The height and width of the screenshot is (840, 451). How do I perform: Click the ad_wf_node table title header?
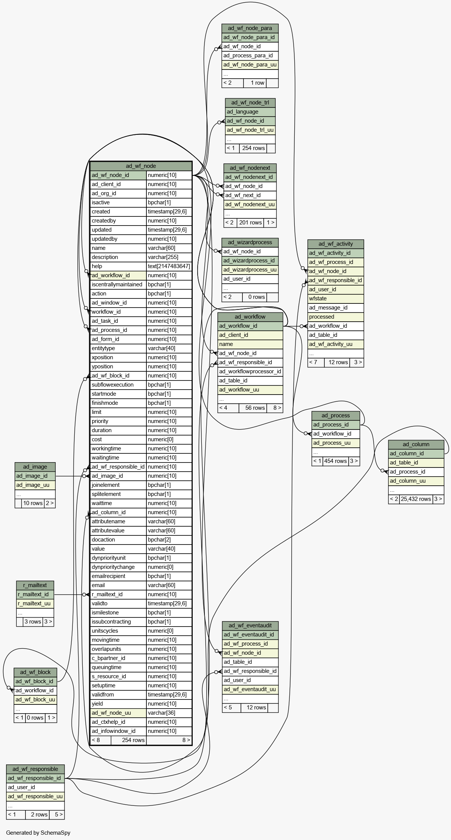141,166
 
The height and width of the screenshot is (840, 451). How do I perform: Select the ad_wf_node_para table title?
250,28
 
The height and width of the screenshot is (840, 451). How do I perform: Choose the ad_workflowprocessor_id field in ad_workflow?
250,371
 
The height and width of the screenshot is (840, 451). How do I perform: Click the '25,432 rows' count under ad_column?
416,499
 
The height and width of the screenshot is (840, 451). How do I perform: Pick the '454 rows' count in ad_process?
335,461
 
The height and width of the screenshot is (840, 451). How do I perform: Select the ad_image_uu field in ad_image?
35,485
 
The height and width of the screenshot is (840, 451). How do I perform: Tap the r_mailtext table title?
35,585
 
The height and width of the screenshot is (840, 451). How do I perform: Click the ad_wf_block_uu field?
35,699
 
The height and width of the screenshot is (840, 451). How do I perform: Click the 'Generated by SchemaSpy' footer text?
38,833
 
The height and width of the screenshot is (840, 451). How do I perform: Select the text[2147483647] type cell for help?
169,266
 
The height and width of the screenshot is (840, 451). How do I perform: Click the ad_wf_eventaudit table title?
250,625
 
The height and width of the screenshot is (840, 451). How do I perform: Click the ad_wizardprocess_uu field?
250,270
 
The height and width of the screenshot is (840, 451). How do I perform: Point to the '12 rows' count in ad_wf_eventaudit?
256,707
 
